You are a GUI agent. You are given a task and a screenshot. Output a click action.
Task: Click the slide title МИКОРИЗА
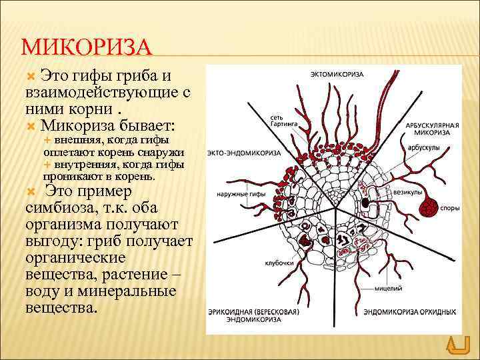(x=87, y=48)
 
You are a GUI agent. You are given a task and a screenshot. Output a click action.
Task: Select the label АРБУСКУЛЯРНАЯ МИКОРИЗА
(x=430, y=128)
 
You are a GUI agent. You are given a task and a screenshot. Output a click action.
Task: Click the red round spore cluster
(x=426, y=208)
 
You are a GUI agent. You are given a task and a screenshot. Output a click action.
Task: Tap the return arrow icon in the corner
(x=457, y=345)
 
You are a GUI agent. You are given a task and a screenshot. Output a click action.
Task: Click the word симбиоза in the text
(x=55, y=207)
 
